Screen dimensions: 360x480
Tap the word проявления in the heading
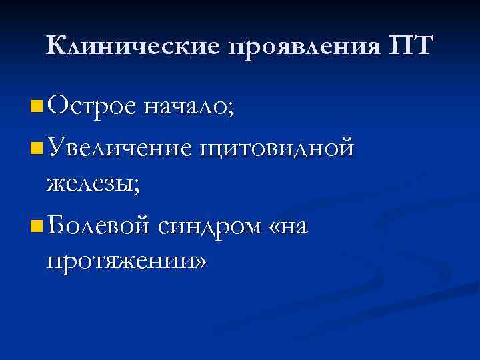tap(305, 46)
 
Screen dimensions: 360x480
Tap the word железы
tap(91, 184)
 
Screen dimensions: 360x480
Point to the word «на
tap(289, 227)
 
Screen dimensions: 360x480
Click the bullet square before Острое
tap(35, 106)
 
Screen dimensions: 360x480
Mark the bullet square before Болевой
tap(35, 226)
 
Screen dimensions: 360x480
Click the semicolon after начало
tap(231, 109)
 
